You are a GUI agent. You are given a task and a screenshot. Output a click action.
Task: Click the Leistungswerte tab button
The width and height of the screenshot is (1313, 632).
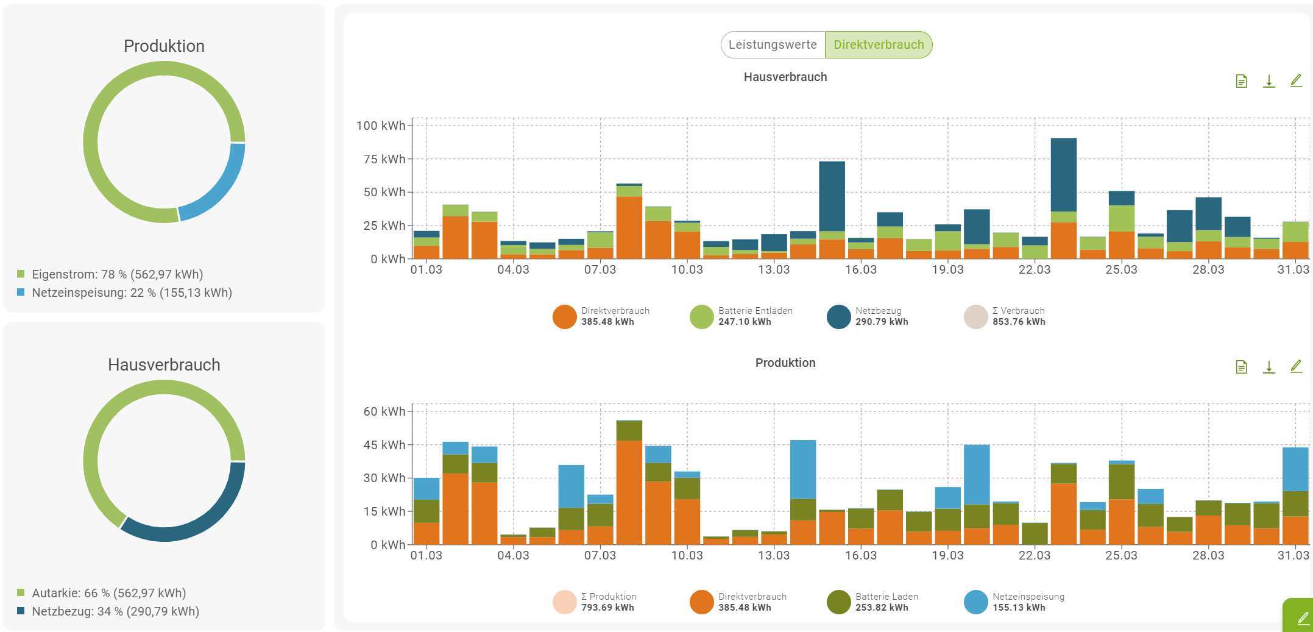click(x=773, y=45)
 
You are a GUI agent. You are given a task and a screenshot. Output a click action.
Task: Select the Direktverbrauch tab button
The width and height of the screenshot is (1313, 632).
click(x=879, y=45)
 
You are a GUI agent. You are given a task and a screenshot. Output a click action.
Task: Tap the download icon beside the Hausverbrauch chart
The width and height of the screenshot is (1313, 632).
click(x=1269, y=81)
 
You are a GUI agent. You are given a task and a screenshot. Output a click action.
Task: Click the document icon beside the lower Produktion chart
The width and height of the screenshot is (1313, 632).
click(x=1241, y=367)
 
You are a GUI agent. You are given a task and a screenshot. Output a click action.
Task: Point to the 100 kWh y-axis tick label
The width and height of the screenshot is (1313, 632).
click(x=380, y=126)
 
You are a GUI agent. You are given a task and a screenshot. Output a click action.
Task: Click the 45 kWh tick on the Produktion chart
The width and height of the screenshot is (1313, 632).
click(x=384, y=445)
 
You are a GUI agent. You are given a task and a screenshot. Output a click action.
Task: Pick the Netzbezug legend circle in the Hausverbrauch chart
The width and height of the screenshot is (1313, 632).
click(x=838, y=317)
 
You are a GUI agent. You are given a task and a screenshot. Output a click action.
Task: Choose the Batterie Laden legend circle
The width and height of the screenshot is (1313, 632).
click(x=838, y=603)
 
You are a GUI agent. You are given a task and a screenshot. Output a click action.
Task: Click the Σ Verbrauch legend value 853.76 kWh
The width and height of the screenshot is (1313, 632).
click(x=1019, y=322)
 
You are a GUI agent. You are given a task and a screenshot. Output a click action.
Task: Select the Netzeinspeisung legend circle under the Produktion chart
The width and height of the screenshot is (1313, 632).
click(x=975, y=603)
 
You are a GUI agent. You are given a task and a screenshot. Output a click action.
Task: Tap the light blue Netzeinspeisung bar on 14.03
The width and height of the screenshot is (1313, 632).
click(x=802, y=469)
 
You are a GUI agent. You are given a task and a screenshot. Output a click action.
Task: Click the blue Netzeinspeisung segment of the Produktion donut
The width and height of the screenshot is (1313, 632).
click(x=220, y=189)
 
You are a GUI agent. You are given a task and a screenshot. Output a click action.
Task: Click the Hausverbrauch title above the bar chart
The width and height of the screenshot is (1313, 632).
click(x=785, y=77)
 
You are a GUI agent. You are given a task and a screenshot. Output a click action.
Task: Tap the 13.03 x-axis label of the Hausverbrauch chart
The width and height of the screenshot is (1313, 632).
click(x=773, y=269)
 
